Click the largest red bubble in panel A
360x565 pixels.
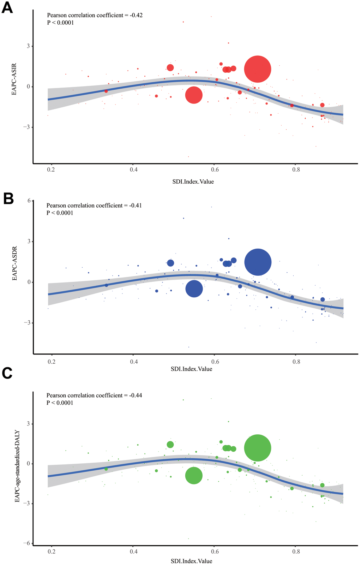click(x=258, y=69)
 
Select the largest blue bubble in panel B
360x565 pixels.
click(x=258, y=262)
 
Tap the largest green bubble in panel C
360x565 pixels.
click(x=258, y=448)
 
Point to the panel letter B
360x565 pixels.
click(x=8, y=199)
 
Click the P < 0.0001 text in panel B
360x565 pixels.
click(x=60, y=213)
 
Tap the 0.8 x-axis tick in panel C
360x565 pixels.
click(x=296, y=552)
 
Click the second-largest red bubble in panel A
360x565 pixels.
click(x=193, y=95)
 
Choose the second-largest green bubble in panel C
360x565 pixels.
click(x=194, y=475)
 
